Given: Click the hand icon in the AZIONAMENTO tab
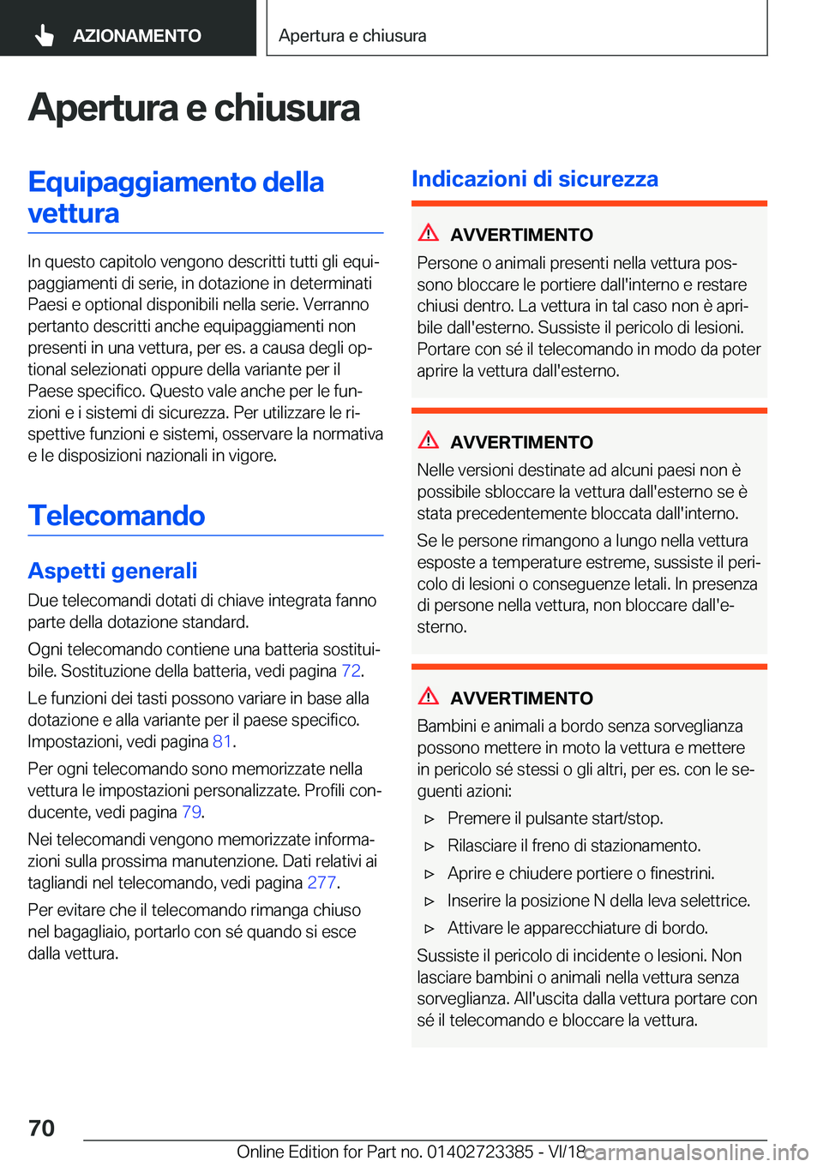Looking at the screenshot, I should tap(45, 35).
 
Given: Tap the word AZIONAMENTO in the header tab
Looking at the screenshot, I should tap(137, 36).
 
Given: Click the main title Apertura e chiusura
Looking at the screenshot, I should tap(194, 108).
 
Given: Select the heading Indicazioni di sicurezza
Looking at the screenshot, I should tap(535, 179).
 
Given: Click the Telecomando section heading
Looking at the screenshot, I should tap(117, 516).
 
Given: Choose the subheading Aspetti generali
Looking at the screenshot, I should tap(112, 571).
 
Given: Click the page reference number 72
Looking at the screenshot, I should tap(351, 671).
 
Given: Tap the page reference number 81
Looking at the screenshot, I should tap(222, 741).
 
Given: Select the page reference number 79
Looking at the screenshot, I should tap(191, 811).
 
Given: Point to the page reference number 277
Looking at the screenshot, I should tap(321, 883).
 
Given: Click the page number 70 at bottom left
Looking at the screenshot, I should tap(41, 1128).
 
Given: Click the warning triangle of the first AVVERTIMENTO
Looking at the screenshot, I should tap(429, 232).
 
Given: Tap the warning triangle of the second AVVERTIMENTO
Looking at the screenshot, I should tap(429, 440).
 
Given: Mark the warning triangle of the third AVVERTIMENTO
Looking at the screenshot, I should tap(429, 696).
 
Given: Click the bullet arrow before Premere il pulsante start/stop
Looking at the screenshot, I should tap(430, 819).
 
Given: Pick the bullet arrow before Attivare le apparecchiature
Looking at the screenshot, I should tap(430, 929).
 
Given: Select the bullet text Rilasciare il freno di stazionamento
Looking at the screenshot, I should tap(574, 846).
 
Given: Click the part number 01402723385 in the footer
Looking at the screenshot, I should tap(480, 1152).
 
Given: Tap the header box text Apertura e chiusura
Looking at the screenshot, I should tap(352, 36).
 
